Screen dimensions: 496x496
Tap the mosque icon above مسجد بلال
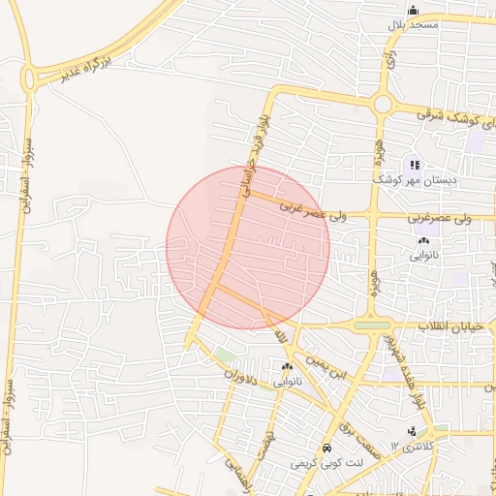tap(414, 10)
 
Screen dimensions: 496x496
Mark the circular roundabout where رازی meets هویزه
tap(382, 104)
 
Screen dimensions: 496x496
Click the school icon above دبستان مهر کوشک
tap(415, 166)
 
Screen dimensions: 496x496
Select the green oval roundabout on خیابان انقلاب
tap(373, 325)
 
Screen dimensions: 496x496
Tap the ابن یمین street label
tap(325, 366)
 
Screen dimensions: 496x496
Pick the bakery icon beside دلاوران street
tap(286, 367)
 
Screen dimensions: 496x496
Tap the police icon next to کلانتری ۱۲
tap(413, 431)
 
